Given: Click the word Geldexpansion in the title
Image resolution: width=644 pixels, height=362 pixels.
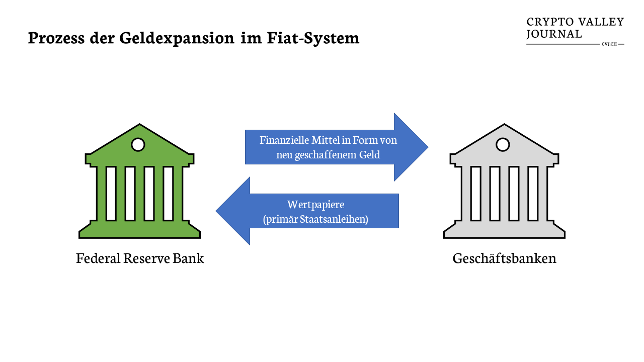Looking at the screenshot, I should tap(177, 39).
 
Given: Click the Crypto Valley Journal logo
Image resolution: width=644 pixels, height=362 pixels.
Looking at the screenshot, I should tap(575, 29).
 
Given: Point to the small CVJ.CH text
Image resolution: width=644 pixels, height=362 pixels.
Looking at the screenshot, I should tap(609, 44).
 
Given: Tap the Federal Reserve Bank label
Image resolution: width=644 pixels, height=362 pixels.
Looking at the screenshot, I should tap(140, 258).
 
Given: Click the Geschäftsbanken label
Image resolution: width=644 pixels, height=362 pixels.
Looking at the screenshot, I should tap(504, 258).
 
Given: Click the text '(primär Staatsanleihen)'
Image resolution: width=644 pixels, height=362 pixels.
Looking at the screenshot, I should tap(315, 219).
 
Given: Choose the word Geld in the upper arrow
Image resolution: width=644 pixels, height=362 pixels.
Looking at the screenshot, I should tap(369, 155).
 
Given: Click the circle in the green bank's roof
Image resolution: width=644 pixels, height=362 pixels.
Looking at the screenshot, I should tap(138, 145).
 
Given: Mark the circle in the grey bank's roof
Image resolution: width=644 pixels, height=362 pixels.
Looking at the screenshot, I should tap(503, 145).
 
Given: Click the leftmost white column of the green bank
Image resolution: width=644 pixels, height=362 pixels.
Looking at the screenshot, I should tap(111, 194).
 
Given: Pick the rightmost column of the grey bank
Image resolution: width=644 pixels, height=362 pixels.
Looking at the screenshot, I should tap(533, 194).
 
